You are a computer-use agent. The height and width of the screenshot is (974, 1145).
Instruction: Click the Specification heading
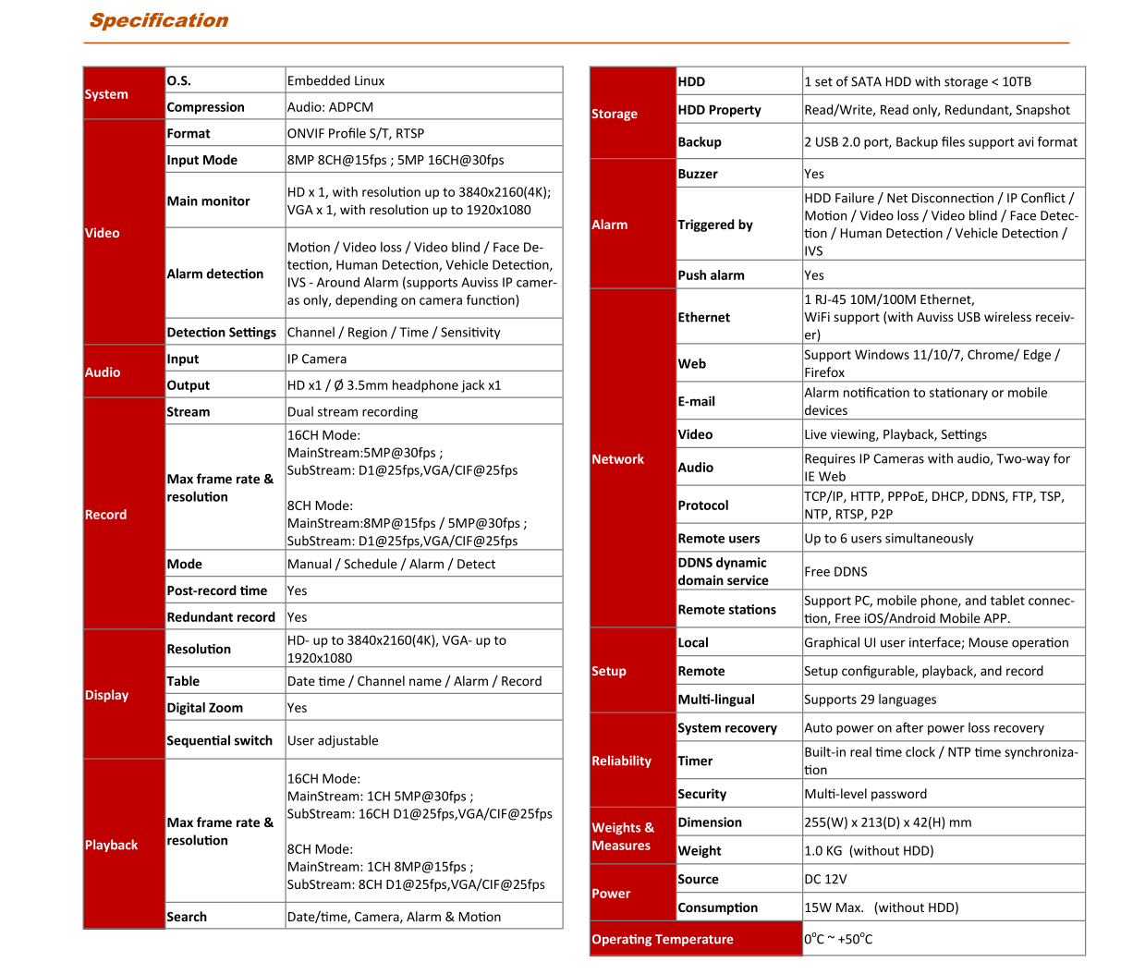159,21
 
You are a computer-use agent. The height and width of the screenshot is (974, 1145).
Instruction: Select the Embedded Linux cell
335,81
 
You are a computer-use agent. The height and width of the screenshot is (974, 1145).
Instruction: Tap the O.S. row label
179,81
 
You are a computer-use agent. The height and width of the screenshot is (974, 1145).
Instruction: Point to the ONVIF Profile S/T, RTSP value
356,134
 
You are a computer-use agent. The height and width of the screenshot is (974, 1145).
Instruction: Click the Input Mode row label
202,161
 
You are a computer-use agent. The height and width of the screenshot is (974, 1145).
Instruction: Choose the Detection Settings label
222,333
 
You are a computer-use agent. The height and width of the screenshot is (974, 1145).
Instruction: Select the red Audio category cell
103,372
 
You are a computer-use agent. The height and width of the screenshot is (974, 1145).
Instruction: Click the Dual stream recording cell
352,412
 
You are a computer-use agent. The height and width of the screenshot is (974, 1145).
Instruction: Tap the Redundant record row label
221,617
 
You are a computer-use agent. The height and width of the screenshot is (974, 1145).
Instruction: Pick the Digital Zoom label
205,708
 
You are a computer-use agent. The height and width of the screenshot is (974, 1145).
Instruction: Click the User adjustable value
333,741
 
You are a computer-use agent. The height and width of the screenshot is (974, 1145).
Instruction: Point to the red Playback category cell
111,845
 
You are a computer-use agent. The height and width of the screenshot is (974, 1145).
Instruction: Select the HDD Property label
720,110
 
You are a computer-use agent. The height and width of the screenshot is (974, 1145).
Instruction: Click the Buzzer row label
698,174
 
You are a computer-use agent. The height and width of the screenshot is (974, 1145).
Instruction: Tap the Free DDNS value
835,572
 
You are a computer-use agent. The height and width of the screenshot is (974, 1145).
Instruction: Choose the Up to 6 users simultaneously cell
888,539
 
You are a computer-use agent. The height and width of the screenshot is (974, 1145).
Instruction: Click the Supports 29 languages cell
870,700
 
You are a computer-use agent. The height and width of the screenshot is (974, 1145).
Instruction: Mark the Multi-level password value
865,794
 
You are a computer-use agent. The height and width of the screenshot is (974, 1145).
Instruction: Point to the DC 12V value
825,880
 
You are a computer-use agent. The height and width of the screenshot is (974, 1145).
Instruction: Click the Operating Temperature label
663,940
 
